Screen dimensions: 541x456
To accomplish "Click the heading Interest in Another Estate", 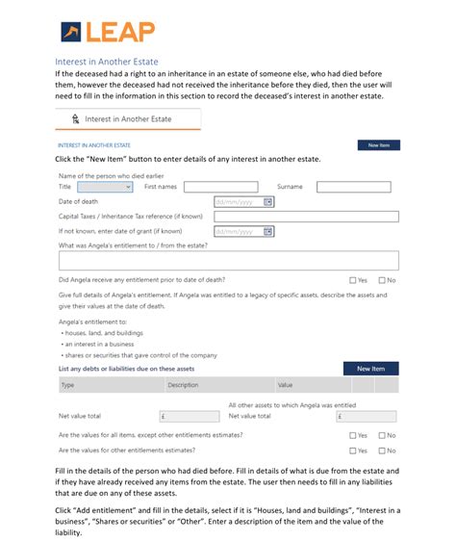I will coord(107,61).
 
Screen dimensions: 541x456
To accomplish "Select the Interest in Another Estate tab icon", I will coord(75,118).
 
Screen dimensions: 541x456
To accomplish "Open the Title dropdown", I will coord(105,188).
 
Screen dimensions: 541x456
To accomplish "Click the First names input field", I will coord(220,188).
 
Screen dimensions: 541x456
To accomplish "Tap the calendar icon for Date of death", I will coord(268,202).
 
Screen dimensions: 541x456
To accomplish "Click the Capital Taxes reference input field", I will coord(306,217).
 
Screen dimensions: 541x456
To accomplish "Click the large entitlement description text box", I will coord(228,260).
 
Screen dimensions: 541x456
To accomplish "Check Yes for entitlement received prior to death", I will coord(353,280).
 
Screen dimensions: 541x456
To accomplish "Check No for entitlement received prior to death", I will coord(382,280).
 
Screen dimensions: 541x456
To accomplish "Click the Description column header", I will coord(183,385).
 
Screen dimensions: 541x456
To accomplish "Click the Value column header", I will coord(286,385).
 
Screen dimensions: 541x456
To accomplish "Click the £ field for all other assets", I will coord(366,417).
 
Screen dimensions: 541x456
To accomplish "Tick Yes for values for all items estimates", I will coord(353,435).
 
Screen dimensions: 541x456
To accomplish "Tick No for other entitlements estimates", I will coord(382,451).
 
